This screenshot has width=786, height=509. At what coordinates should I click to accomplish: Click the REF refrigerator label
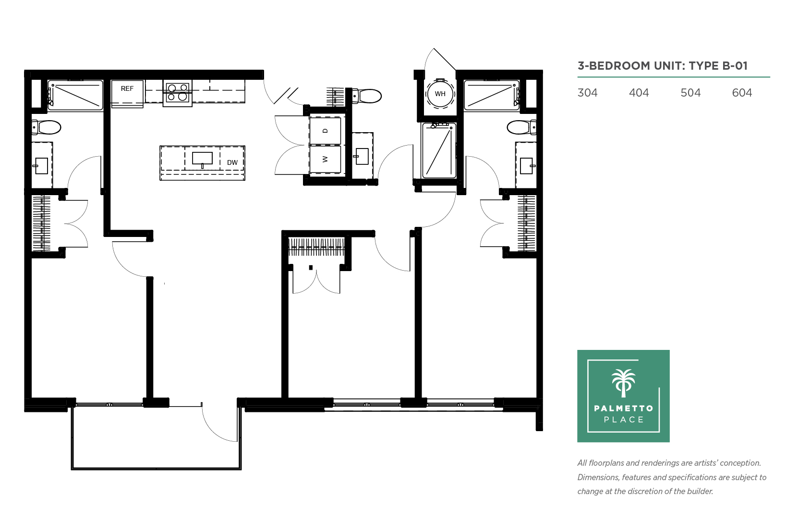point(127,88)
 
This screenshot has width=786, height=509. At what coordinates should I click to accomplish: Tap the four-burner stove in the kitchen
point(178,93)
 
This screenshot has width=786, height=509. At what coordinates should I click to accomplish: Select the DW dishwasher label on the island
point(232,162)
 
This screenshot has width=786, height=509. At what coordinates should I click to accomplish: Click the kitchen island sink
point(202,159)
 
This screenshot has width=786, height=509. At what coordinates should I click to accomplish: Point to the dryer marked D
point(325,131)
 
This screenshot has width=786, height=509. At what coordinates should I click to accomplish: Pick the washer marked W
point(325,159)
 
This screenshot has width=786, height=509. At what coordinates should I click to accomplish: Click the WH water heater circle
point(440,94)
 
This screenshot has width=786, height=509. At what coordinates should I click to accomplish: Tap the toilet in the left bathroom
point(46,127)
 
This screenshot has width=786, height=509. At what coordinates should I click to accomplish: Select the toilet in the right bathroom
point(522,127)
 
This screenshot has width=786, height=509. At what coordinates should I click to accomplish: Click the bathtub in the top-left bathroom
point(75,95)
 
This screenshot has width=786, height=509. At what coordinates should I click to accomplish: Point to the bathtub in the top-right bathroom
point(492,95)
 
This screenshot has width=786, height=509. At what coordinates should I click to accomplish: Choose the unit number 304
point(587,93)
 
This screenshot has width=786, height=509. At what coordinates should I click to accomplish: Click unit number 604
point(742,93)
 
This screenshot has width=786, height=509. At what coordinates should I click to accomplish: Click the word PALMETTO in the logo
point(624,408)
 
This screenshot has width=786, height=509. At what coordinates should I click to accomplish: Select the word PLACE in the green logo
point(624,420)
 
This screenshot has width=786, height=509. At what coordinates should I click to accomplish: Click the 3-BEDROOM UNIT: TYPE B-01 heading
point(663,66)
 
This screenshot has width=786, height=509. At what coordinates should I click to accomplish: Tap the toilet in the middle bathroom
point(367,96)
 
